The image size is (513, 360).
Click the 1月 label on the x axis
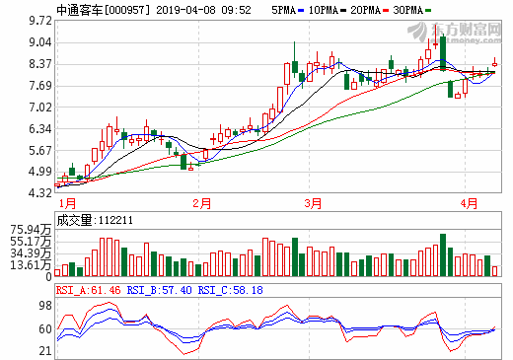coord(67,203)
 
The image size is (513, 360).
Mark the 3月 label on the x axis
coord(314,203)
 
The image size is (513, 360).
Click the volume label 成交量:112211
coord(95,221)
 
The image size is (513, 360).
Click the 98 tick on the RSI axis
coord(44,305)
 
